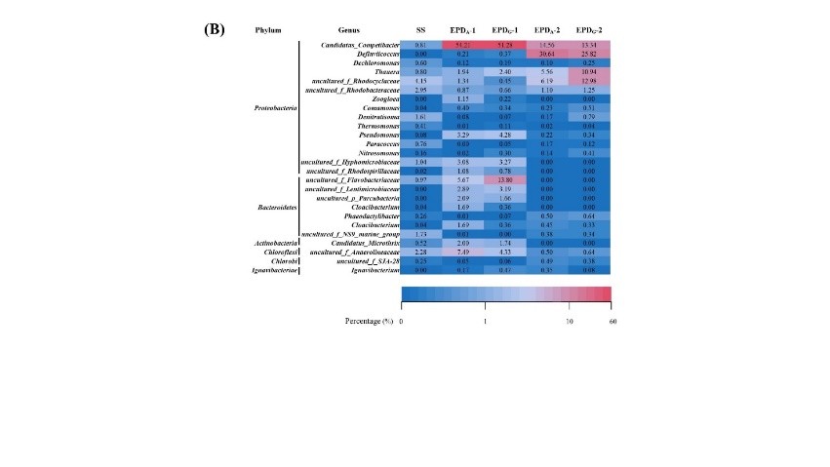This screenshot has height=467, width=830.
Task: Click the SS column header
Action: tap(420, 30)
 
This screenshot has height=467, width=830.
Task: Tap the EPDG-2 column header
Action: tap(588, 30)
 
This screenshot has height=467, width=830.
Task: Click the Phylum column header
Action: tap(268, 30)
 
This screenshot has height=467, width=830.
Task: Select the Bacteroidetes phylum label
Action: tap(276, 208)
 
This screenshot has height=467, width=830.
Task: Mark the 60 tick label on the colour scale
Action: tap(612, 322)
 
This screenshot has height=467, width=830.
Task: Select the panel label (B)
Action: tap(214, 29)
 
